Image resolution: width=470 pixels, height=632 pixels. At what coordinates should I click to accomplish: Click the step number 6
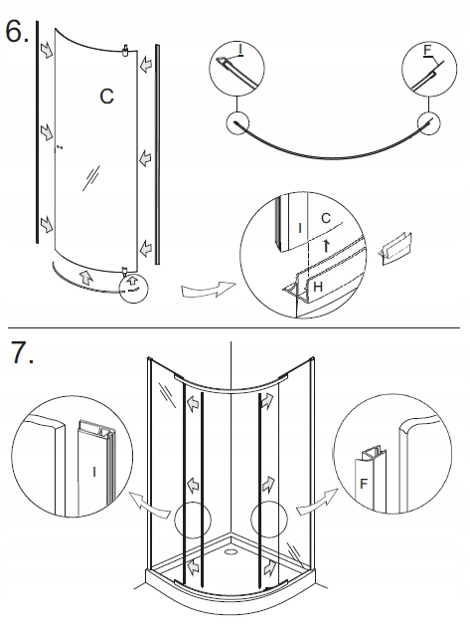(x=17, y=32)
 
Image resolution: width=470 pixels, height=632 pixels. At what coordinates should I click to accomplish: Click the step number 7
(x=23, y=352)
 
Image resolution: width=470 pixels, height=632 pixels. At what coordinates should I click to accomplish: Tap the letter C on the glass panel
(x=106, y=97)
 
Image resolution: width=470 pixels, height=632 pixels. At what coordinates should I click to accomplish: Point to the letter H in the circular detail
(x=318, y=287)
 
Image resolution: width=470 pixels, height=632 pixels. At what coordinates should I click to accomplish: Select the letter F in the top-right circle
(x=427, y=51)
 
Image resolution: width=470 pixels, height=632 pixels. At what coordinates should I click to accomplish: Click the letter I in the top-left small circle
(x=240, y=49)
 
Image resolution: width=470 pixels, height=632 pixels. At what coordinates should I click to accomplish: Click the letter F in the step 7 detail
(x=364, y=484)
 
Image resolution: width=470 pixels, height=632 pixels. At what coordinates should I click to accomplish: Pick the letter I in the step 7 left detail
(x=94, y=472)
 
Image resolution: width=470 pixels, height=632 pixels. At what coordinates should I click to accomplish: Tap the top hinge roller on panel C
(x=125, y=50)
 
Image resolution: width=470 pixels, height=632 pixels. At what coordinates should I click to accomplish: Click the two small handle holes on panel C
(x=60, y=147)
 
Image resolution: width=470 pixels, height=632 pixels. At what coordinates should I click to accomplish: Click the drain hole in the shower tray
(x=231, y=551)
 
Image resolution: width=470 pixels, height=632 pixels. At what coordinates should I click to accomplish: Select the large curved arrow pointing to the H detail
(x=208, y=290)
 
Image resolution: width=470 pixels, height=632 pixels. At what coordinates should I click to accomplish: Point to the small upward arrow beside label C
(x=327, y=246)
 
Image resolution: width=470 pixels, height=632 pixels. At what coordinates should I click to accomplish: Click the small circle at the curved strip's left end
(x=237, y=123)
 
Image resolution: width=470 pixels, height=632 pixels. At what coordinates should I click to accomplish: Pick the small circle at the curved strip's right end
(x=429, y=123)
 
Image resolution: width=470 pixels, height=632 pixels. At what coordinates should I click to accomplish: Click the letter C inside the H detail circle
(x=326, y=218)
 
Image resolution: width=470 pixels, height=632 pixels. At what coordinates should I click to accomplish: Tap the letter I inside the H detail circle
(x=300, y=228)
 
